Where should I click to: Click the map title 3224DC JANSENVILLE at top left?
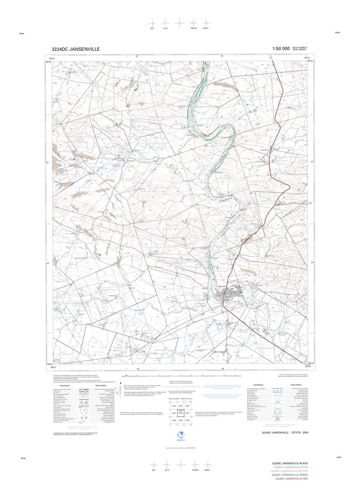point(76,49)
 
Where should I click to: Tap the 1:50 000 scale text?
point(280,49)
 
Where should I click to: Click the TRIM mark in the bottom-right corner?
point(338,457)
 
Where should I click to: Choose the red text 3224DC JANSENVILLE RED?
point(291,479)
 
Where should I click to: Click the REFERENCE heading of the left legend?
point(65,385)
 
